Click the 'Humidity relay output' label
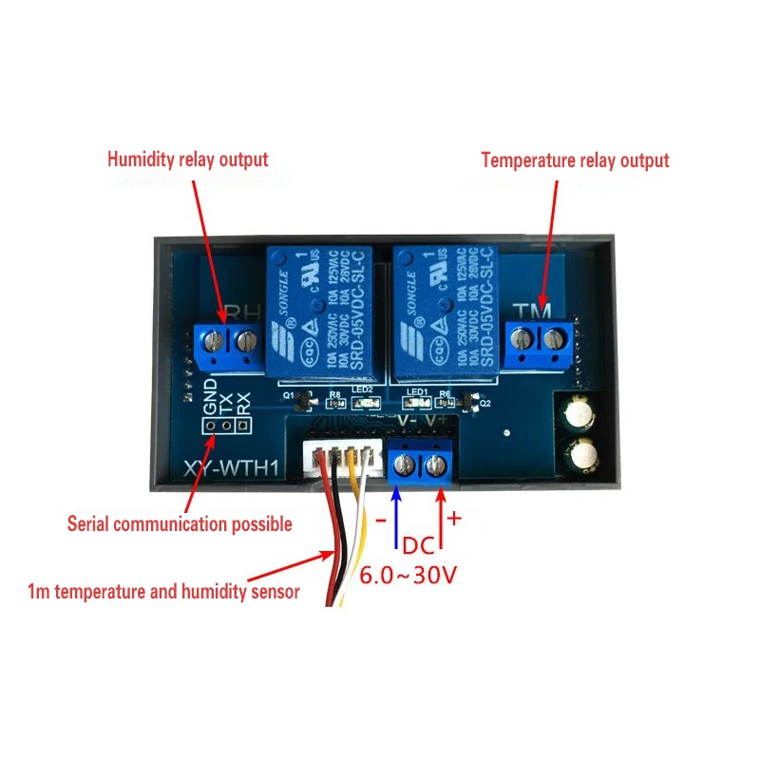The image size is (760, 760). tap(187, 159)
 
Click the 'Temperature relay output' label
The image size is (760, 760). tap(575, 161)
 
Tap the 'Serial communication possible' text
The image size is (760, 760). tap(180, 523)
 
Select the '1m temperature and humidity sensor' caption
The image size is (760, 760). tap(164, 592)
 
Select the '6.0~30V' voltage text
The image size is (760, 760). tap(408, 575)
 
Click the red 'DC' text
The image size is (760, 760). tap(418, 547)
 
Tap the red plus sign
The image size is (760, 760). tap(453, 519)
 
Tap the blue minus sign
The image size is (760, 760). tap(380, 522)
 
